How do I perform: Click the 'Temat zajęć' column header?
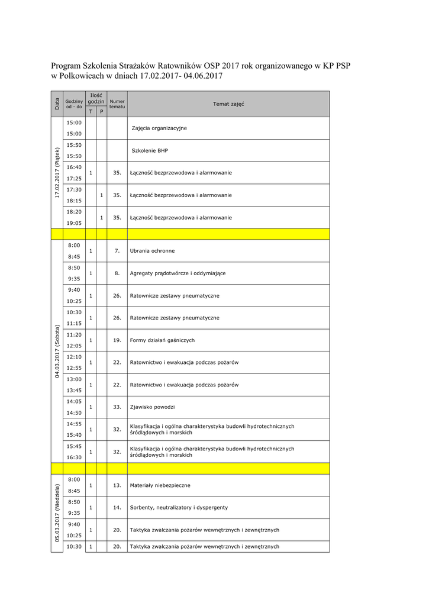(228, 104)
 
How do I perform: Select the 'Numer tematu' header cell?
(117, 104)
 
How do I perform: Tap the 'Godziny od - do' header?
(74, 104)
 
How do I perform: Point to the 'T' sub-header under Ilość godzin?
(91, 111)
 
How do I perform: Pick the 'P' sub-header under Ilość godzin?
(101, 111)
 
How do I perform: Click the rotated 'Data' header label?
(57, 104)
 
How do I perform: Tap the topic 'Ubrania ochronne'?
(152, 251)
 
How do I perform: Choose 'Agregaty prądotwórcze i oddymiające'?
(178, 273)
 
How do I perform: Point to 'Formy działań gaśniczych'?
(162, 340)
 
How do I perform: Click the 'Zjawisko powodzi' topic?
(152, 407)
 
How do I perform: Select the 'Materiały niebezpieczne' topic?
(160, 485)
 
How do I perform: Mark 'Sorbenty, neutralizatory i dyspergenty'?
(179, 508)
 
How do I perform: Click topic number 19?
(117, 340)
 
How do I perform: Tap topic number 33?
(117, 407)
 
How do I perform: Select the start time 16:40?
(74, 167)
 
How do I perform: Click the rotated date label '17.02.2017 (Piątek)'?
(57, 173)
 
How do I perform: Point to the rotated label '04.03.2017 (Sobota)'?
(57, 351)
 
